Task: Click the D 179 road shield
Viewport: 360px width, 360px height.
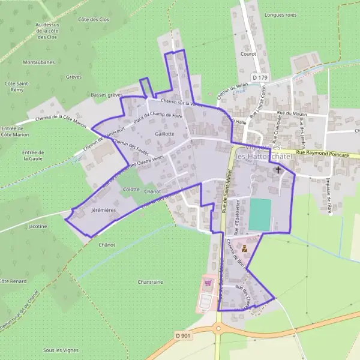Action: coord(259,77)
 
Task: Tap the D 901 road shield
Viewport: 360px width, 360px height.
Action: coord(183,335)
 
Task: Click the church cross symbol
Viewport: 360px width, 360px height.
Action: coord(278,170)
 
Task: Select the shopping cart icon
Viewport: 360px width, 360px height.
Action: coord(208,283)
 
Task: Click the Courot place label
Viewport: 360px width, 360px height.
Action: coord(248,53)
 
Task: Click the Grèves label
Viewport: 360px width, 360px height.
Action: coord(74,77)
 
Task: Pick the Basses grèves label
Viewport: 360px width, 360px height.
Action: coord(106,95)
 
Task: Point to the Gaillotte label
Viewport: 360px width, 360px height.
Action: coord(164,134)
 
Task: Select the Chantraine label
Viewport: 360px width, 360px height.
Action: coord(150,281)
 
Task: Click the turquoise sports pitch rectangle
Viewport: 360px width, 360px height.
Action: coord(260,214)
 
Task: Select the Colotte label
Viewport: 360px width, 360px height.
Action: coord(131,190)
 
